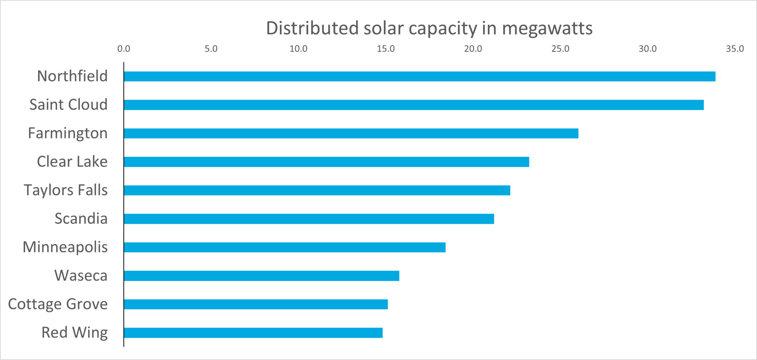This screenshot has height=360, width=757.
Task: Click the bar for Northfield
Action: coord(420,77)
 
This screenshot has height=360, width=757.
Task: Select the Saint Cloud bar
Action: coord(414,105)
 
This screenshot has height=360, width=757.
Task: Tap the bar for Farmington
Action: coord(351,133)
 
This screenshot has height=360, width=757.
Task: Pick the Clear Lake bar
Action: coord(326,162)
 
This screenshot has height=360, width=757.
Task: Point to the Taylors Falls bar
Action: coord(317,190)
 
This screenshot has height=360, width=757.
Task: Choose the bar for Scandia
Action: coord(309,219)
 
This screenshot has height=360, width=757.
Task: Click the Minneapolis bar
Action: coord(285,247)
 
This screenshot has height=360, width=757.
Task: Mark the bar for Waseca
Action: coord(262,276)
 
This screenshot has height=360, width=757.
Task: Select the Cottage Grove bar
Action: coord(256,304)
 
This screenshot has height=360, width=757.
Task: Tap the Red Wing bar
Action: coord(253,333)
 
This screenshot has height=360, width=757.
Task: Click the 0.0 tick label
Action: coord(124,49)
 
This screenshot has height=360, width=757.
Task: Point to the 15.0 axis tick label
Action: coord(386,49)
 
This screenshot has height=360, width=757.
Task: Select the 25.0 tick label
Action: coord(560,49)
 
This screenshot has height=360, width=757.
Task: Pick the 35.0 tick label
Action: coord(735,49)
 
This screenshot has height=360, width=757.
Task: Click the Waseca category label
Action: coord(81,276)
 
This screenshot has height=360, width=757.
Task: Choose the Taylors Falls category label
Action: coord(66,190)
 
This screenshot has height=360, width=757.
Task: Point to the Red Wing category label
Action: coord(74,333)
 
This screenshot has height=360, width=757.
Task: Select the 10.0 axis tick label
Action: coord(298,49)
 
